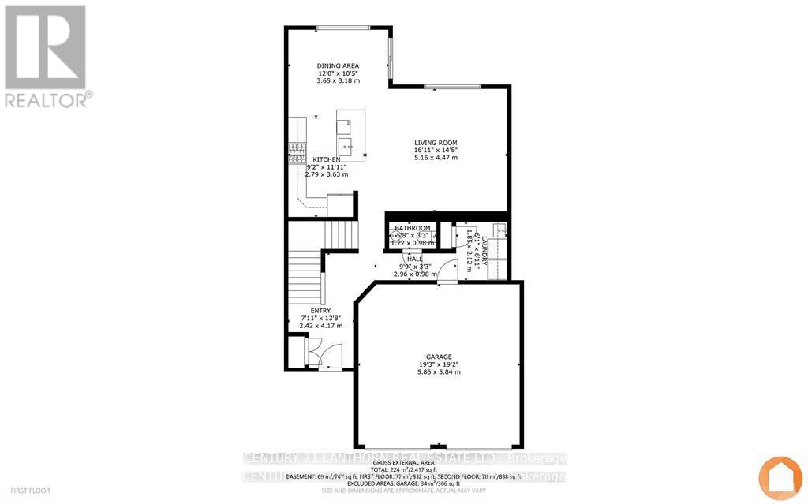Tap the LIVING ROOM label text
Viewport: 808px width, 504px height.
pyautogui.click(x=436, y=143)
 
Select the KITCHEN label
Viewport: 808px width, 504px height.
pyautogui.click(x=325, y=159)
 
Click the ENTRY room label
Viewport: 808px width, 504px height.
pyautogui.click(x=320, y=310)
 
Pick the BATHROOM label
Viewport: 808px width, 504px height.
pyautogui.click(x=413, y=228)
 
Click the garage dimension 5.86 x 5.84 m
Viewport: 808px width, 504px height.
pyautogui.click(x=439, y=372)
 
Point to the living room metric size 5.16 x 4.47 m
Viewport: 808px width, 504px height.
pyautogui.click(x=436, y=158)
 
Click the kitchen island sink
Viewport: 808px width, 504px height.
pyautogui.click(x=345, y=146)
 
